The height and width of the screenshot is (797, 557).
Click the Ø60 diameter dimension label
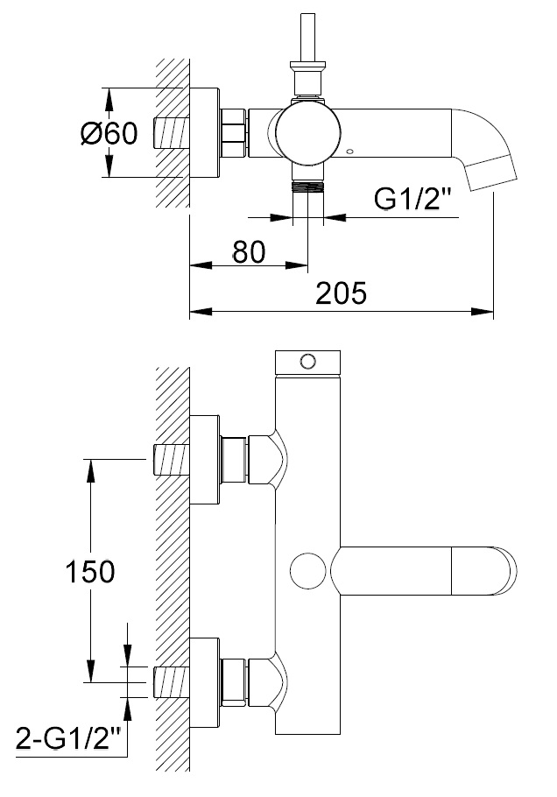point(109,134)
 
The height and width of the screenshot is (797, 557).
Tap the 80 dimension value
point(249,251)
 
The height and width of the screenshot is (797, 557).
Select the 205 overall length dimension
point(341,293)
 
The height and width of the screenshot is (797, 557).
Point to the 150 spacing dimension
point(90,571)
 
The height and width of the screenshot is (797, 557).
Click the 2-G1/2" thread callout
point(68,737)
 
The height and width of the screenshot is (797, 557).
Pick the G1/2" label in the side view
point(412,199)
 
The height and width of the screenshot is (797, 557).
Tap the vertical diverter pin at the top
point(307,37)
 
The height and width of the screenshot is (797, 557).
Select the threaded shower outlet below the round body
point(308,186)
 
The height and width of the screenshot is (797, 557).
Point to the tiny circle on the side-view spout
point(349,152)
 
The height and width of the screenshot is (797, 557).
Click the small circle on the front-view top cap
point(307,362)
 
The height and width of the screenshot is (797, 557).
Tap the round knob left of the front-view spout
point(308,571)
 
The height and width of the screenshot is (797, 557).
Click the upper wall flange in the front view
point(205,460)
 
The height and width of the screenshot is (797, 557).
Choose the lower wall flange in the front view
point(205,682)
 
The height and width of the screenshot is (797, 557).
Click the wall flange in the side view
point(205,133)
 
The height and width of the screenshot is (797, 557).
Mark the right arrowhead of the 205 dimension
point(483,311)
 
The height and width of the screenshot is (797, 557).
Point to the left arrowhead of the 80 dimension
point(201,264)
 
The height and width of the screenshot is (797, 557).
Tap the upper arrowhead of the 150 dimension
point(90,470)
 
